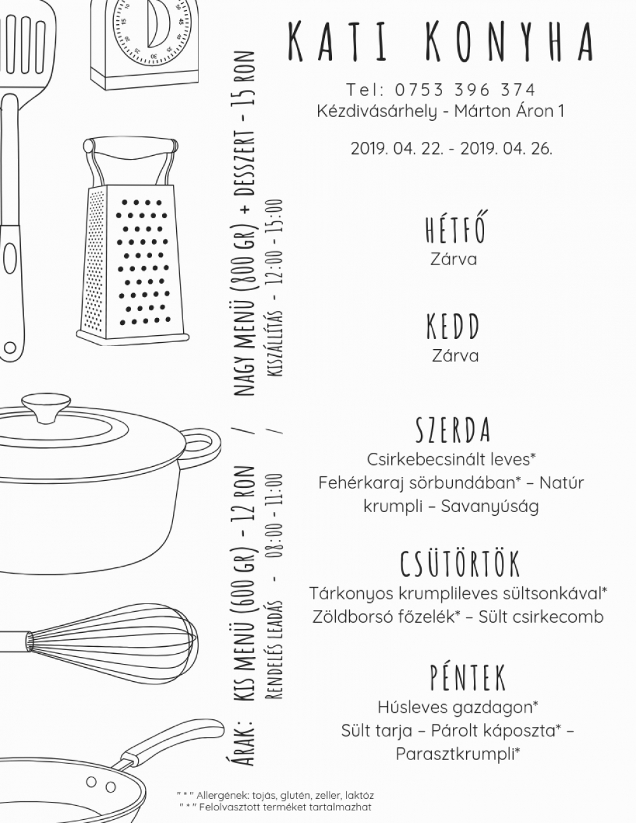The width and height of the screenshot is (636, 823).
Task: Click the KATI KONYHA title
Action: [x=440, y=42]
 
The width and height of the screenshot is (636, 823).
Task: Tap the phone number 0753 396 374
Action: [x=466, y=90]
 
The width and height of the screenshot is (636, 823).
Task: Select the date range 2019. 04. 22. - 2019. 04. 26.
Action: [x=452, y=148]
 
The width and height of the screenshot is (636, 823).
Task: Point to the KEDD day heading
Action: [x=453, y=326]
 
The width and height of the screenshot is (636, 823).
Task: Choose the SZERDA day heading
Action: [x=453, y=429]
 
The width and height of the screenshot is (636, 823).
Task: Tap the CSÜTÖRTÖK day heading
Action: [x=460, y=564]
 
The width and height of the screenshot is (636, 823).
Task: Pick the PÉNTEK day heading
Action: [x=468, y=677]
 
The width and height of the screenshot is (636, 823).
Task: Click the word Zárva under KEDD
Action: [x=455, y=356]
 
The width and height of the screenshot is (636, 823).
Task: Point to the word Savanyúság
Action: [x=490, y=507]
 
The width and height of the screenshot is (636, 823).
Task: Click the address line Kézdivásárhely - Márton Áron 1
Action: [x=441, y=111]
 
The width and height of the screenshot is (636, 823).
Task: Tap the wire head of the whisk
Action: [x=114, y=638]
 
